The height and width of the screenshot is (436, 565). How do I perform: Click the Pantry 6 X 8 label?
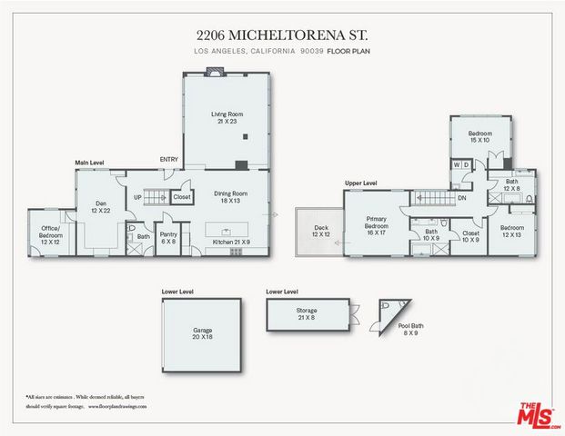167,238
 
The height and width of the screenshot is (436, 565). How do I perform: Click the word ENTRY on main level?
169,159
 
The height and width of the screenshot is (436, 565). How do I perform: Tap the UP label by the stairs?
138,196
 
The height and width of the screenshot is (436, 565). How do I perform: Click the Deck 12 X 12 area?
318,232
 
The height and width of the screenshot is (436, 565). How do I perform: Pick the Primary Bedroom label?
377,224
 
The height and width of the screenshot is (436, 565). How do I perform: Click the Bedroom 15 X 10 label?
479,137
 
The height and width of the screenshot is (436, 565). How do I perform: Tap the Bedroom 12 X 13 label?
511,232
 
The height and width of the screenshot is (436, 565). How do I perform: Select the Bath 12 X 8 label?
511,185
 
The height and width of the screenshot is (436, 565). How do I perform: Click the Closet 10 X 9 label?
469,237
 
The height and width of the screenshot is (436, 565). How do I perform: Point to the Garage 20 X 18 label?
202,333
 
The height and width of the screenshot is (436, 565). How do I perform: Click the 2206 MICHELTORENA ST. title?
282,35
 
